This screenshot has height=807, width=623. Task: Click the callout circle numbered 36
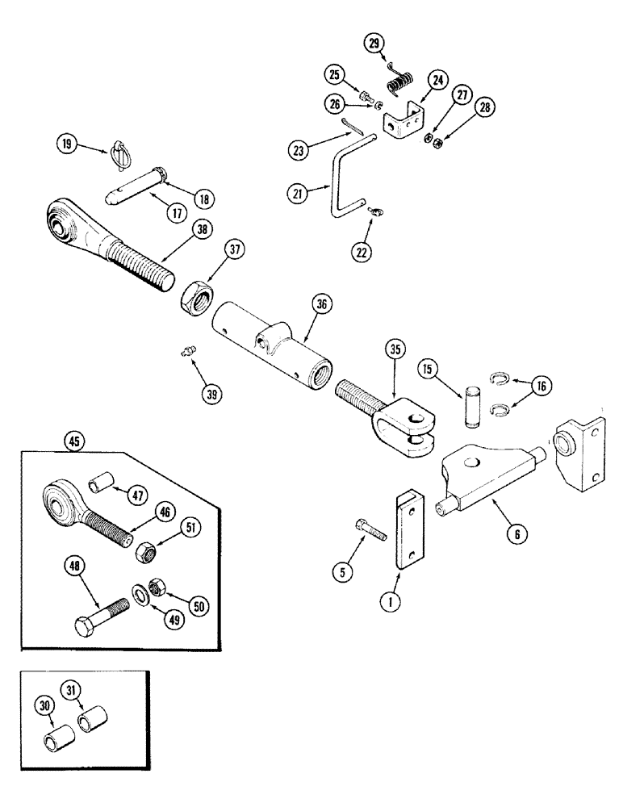pos(323,304)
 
